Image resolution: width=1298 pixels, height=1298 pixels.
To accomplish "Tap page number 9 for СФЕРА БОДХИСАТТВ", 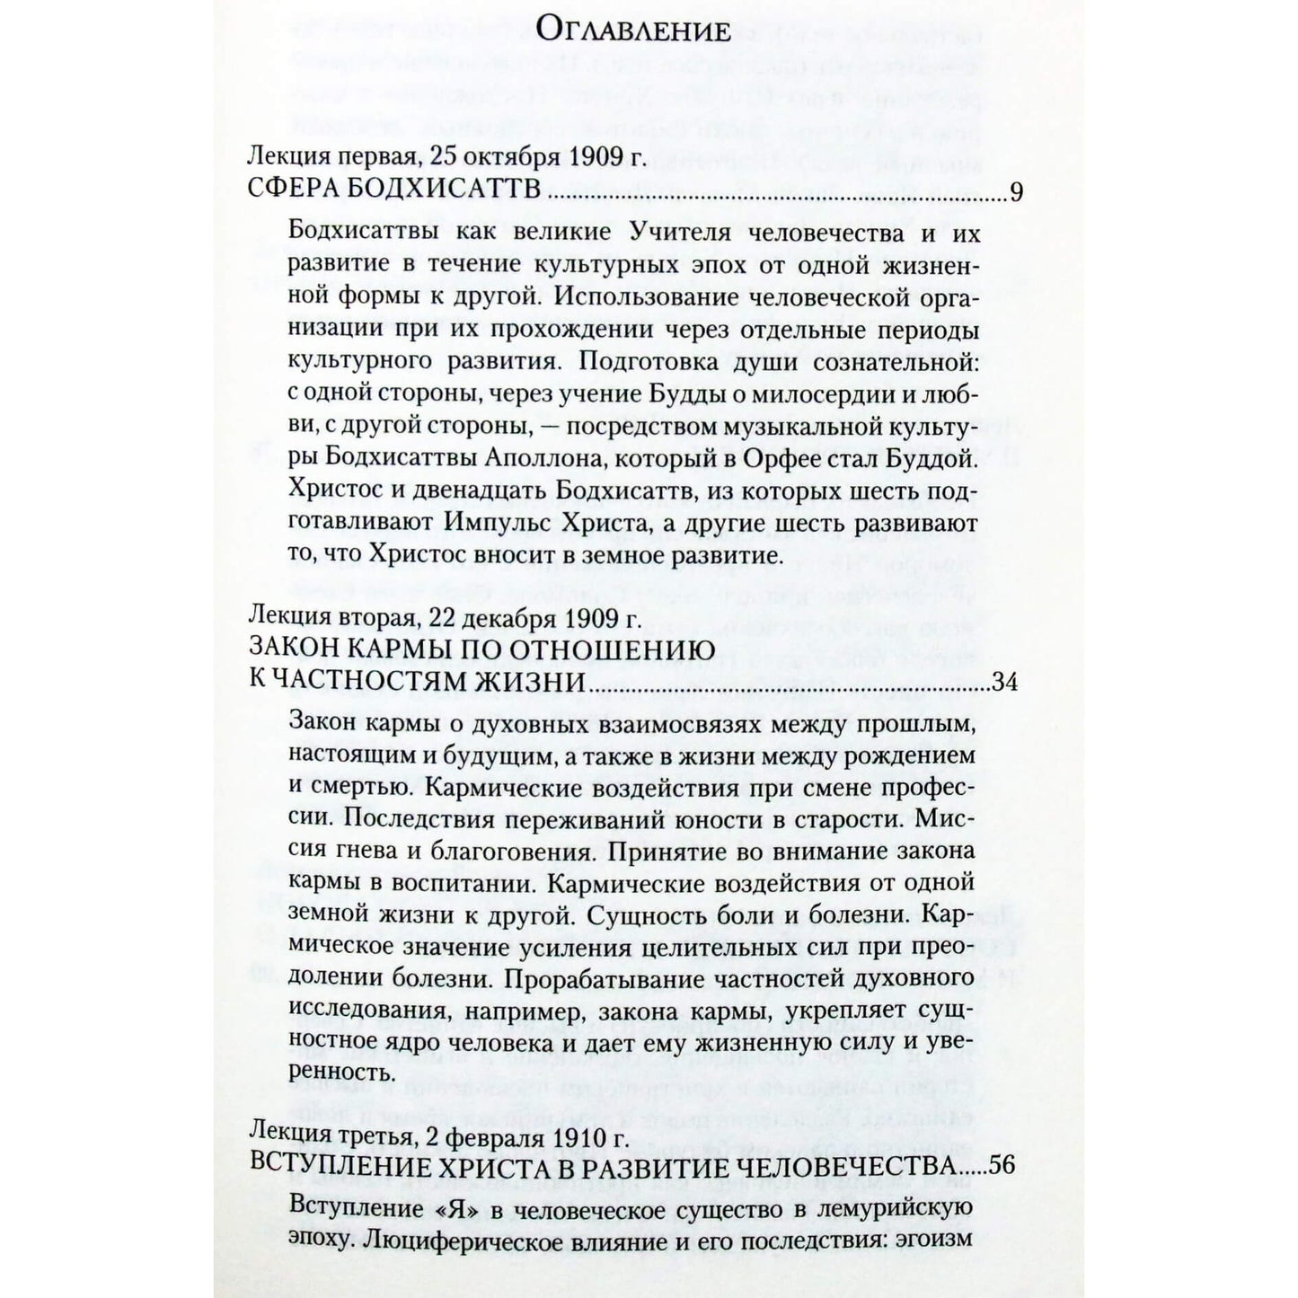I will pos(1017,194).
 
